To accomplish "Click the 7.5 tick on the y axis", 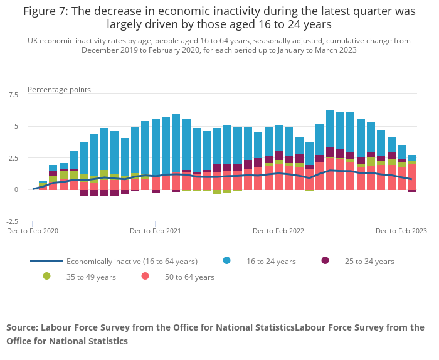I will pyautogui.click(x=13, y=95).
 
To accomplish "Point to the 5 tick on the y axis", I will pyautogui.click(x=16, y=126).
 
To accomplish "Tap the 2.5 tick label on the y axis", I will pyautogui.click(x=13, y=158).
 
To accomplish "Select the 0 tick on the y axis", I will pyautogui.click(x=16, y=189).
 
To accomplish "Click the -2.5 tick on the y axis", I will pyautogui.click(x=12, y=221).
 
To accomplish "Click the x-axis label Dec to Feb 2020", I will pyautogui.click(x=33, y=231).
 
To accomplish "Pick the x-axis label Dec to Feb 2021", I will pyautogui.click(x=156, y=231).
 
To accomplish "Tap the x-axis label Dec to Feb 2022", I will pyautogui.click(x=278, y=231).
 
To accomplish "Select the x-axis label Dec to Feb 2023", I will pyautogui.click(x=401, y=231).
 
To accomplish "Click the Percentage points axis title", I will pyautogui.click(x=59, y=90).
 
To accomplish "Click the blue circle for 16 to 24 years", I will pyautogui.click(x=226, y=261).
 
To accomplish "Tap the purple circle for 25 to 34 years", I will pyautogui.click(x=325, y=261).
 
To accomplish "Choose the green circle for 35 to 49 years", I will pyautogui.click(x=46, y=277).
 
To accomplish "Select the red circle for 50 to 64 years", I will pyautogui.click(x=145, y=277).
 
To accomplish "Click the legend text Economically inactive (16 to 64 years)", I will pyautogui.click(x=132, y=262).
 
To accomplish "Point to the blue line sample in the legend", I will pyautogui.click(x=46, y=261).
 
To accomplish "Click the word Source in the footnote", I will pyautogui.click(x=22, y=327).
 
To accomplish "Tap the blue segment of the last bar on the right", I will pyautogui.click(x=411, y=157).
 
